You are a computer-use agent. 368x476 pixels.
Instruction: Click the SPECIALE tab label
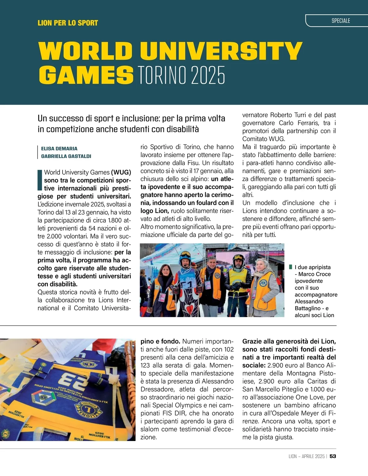pos(341,21)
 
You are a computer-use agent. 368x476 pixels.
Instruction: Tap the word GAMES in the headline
pos(86,75)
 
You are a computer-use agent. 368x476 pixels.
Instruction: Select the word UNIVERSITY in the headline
pos(222,51)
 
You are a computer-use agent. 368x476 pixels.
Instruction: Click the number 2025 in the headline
pos(208,75)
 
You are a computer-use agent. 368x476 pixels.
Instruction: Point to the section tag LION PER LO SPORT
pos(68,23)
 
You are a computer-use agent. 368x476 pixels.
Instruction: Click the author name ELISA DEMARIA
pos(59,149)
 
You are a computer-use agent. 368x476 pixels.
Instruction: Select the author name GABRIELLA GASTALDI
pos(66,156)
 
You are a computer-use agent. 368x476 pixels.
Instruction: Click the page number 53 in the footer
pos(333,456)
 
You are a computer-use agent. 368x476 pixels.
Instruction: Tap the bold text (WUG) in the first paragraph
pos(121,172)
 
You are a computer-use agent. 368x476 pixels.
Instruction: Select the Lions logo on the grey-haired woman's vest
pos(263,282)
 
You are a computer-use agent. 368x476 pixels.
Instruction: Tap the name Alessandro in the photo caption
pos(309,301)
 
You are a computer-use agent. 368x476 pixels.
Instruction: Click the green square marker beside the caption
pos(290,267)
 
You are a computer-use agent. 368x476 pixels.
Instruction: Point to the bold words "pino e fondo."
pos(160,341)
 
